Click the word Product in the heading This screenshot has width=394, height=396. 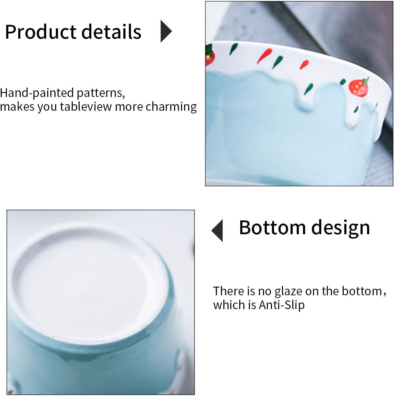point(41,32)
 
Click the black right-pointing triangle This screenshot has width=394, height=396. point(166,31)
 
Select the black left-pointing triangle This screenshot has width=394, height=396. point(218,230)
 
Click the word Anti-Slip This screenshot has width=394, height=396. point(282,305)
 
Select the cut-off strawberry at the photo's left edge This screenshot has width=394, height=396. point(210,56)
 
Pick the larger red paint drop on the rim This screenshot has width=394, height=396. point(266,54)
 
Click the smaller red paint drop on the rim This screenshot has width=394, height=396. point(304,65)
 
